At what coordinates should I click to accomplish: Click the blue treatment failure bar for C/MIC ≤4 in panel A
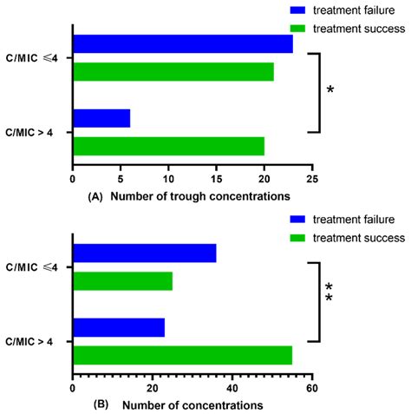183,44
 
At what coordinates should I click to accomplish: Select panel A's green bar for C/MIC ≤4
173,71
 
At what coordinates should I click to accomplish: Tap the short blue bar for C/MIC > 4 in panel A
101,118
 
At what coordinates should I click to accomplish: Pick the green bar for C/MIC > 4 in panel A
168,146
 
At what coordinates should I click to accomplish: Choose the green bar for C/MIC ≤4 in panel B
123,281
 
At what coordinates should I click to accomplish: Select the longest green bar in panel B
182,355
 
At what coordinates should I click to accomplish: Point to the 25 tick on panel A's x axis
311,180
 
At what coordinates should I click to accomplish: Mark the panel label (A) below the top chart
96,198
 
